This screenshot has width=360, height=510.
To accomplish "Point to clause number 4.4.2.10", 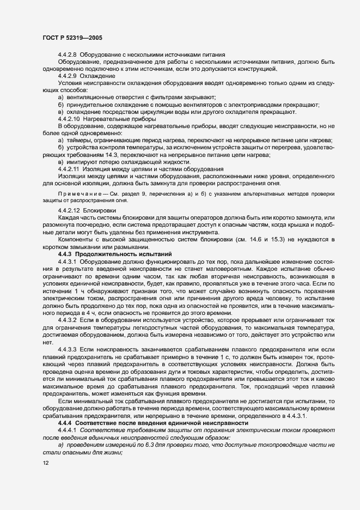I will [69, 118].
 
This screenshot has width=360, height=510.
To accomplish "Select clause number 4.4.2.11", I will [69, 168].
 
